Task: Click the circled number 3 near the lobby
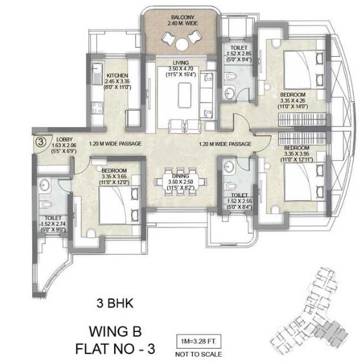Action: tap(39, 140)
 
